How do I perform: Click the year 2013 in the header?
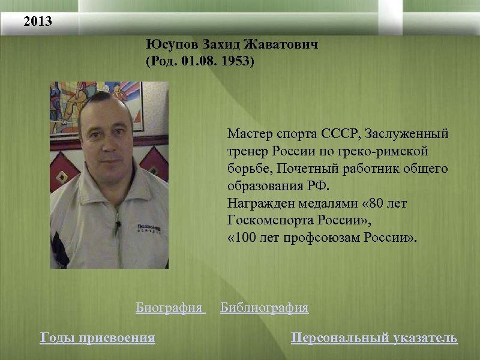click(38, 22)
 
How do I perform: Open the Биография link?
click(169, 308)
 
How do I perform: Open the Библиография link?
click(264, 308)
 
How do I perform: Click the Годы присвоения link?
click(97, 338)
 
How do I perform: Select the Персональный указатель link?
click(374, 338)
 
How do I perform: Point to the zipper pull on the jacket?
click(118, 226)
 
